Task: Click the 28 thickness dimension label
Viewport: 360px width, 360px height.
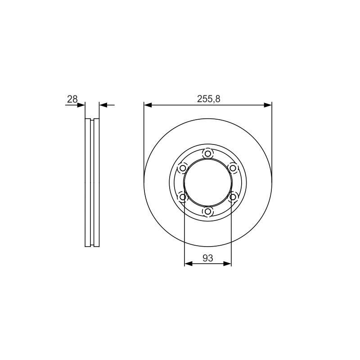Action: pos(72,99)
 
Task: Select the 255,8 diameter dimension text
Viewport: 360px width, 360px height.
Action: pos(208,99)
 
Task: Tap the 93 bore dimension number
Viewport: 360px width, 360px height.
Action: pos(208,258)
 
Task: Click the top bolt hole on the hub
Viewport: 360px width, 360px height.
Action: pos(208,153)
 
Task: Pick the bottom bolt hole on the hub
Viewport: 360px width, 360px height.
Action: pos(208,211)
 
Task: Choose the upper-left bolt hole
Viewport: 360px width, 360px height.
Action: pos(183,168)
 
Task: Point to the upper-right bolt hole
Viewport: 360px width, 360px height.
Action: pos(233,168)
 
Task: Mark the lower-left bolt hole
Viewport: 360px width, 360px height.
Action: pos(183,197)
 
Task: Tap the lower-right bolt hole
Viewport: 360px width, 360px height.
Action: pos(233,197)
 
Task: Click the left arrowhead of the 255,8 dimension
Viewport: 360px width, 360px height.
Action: pos(148,105)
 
